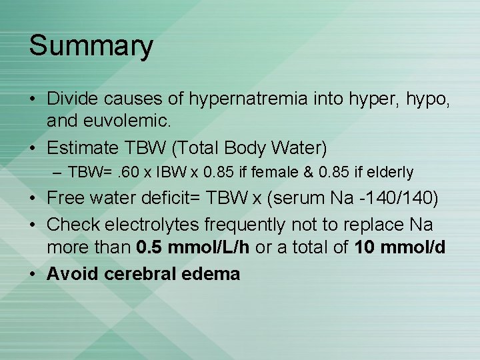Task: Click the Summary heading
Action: (x=91, y=47)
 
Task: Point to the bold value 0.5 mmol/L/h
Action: (x=193, y=247)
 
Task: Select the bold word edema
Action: (x=212, y=273)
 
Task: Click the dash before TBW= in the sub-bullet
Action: (x=58, y=173)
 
